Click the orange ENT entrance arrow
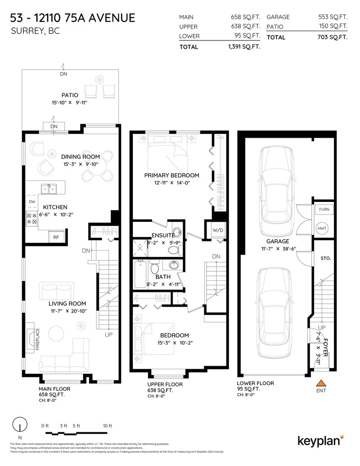[321, 383]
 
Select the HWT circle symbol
[323, 229]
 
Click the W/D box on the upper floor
[218, 230]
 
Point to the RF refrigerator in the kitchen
[56, 237]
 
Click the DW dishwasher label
[32, 202]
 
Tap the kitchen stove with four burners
[32, 218]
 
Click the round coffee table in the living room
[57, 333]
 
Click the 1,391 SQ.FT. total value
[244, 46]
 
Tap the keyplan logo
[321, 440]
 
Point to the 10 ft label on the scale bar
[107, 426]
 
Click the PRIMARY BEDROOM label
[171, 175]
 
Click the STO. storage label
[325, 259]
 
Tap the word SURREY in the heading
[26, 31]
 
